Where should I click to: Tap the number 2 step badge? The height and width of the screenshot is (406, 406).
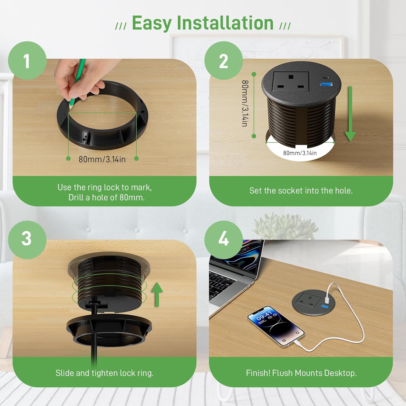coord(224,61)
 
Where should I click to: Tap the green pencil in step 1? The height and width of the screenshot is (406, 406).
coord(78,82)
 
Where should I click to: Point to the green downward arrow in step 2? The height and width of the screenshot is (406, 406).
coord(350,114)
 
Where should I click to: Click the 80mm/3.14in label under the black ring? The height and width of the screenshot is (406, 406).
coord(102,159)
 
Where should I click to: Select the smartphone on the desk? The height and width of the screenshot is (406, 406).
coord(276,326)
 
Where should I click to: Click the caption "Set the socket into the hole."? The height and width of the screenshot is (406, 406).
coord(301,191)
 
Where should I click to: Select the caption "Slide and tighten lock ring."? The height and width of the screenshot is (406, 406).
coord(104,373)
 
